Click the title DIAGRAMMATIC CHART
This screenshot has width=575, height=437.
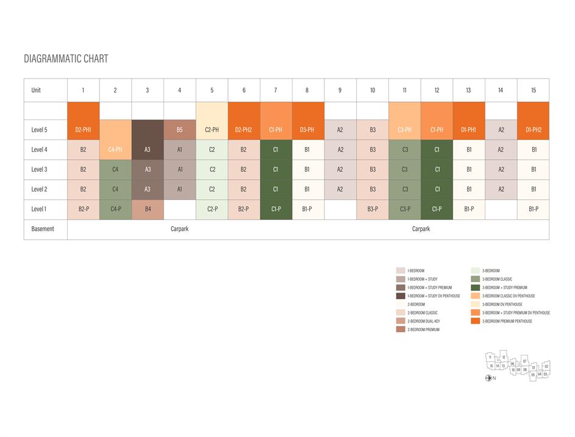(x=66, y=59)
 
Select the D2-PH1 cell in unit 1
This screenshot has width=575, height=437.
(x=83, y=129)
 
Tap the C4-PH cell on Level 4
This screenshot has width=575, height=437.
(x=115, y=149)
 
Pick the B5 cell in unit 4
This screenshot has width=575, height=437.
(x=179, y=129)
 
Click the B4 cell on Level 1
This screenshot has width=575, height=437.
(x=148, y=209)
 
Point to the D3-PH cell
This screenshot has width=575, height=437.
(x=307, y=129)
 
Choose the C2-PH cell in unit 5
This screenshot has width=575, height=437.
(x=212, y=129)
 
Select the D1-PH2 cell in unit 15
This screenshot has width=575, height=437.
(x=534, y=129)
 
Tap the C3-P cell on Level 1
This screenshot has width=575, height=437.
(x=404, y=209)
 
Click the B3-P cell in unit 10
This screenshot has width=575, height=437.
(x=373, y=209)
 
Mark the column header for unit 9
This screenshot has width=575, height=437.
(x=340, y=90)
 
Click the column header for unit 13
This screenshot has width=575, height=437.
(x=468, y=90)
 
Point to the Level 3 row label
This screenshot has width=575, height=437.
(x=39, y=169)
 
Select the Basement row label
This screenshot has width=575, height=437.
(x=43, y=229)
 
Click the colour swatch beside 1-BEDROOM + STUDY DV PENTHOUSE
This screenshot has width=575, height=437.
(x=401, y=296)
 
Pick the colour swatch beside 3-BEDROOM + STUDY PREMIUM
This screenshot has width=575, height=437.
(x=476, y=287)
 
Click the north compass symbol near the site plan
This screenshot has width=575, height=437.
(x=488, y=378)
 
